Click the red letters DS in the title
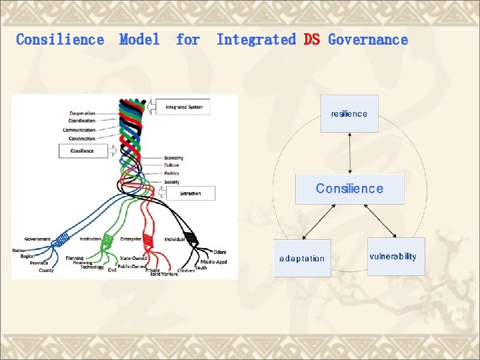point(311,39)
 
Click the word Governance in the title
point(368,39)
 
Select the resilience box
point(349,113)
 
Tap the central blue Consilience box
point(349,189)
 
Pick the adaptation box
point(302,258)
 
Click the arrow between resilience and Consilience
point(349,153)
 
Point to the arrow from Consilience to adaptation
point(320,221)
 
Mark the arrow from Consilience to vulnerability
point(380,220)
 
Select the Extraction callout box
point(191,193)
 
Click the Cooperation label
point(82,113)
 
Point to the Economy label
point(173,158)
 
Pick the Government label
point(37,239)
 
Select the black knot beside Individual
point(191,238)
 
